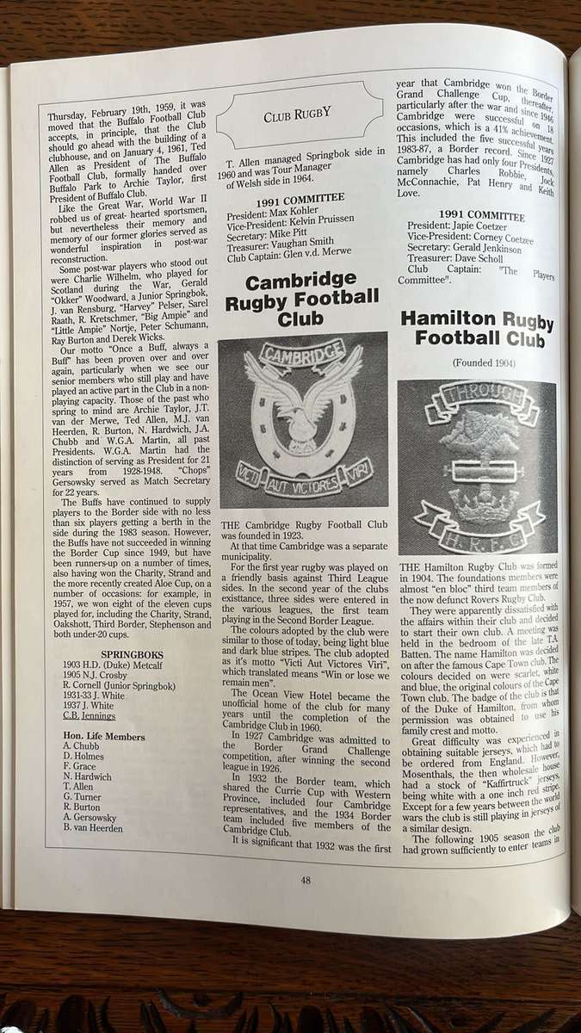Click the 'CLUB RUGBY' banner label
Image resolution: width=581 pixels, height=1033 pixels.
pos(300,113)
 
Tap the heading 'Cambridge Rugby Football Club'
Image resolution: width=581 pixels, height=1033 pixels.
pos(301,300)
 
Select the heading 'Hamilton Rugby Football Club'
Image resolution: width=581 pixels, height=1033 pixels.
pos(476,330)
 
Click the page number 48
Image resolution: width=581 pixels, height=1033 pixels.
pos(306,879)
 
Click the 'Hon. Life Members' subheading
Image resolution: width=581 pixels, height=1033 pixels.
pos(104,736)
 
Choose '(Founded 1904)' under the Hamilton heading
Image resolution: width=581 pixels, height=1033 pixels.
pos(475,363)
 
